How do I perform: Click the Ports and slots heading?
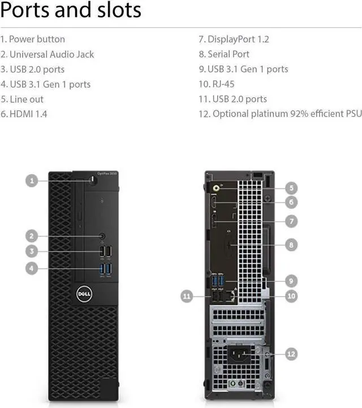[x=71, y=10]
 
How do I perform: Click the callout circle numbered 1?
[x=32, y=181]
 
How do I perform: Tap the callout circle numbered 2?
[x=32, y=236]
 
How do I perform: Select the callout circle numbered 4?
[x=32, y=268]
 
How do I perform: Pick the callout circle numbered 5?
[x=291, y=188]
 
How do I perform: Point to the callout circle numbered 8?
[x=291, y=245]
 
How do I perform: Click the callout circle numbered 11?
[x=187, y=295]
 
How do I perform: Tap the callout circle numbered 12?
[x=291, y=354]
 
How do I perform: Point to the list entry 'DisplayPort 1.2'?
[x=233, y=39]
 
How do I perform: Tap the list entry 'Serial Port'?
[x=223, y=54]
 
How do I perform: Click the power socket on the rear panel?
[x=239, y=355]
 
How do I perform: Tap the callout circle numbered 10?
[x=291, y=295]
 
